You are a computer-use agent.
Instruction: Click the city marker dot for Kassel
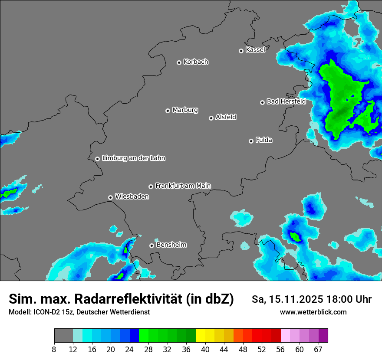click(x=241, y=51)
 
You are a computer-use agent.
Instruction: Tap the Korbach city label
click(x=196, y=62)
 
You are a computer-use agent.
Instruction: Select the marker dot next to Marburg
click(x=168, y=111)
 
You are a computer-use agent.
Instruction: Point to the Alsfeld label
click(x=226, y=117)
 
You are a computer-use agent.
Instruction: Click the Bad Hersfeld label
click(x=286, y=101)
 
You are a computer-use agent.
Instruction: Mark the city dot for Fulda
click(x=251, y=141)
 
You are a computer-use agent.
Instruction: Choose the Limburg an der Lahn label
click(x=133, y=158)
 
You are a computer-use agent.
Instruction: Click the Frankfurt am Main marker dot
click(x=151, y=187)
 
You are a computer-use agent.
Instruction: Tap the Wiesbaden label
click(x=132, y=196)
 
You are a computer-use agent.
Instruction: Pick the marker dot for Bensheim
click(x=151, y=245)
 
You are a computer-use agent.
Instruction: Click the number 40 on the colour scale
click(x=205, y=349)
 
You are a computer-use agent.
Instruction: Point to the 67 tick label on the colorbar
click(x=319, y=349)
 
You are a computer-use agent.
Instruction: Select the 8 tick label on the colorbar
click(x=54, y=349)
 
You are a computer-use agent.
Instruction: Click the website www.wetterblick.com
click(x=313, y=312)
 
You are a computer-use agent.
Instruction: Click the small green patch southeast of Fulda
click(x=295, y=236)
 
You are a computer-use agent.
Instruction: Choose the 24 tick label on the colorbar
click(x=129, y=349)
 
